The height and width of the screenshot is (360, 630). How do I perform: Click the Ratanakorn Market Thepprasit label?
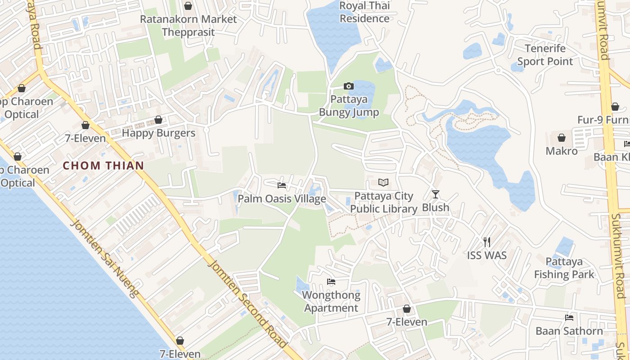(188, 26)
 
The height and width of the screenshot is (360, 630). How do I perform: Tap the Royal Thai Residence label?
(364, 12)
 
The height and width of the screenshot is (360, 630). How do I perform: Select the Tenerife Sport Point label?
(545, 55)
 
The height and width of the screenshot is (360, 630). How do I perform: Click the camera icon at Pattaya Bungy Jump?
(348, 86)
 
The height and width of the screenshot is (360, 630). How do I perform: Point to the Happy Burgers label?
(158, 133)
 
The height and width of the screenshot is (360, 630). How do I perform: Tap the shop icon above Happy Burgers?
(158, 120)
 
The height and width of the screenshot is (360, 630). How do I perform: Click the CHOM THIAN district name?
(103, 166)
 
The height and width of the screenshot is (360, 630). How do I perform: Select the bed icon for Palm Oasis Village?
(282, 185)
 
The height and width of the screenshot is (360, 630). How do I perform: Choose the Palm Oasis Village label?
(282, 198)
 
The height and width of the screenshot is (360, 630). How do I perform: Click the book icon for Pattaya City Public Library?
(383, 182)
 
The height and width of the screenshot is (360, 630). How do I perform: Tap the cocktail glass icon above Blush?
(435, 194)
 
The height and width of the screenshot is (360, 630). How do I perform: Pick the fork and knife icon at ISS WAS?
(486, 242)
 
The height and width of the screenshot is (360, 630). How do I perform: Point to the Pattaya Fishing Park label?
(564, 268)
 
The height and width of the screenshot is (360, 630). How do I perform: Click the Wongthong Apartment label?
(331, 301)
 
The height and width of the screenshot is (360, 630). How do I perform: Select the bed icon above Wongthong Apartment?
(331, 282)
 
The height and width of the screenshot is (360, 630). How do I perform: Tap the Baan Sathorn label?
(569, 331)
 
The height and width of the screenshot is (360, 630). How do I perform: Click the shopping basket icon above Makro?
(561, 137)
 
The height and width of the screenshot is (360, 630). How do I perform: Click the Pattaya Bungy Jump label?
(349, 106)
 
